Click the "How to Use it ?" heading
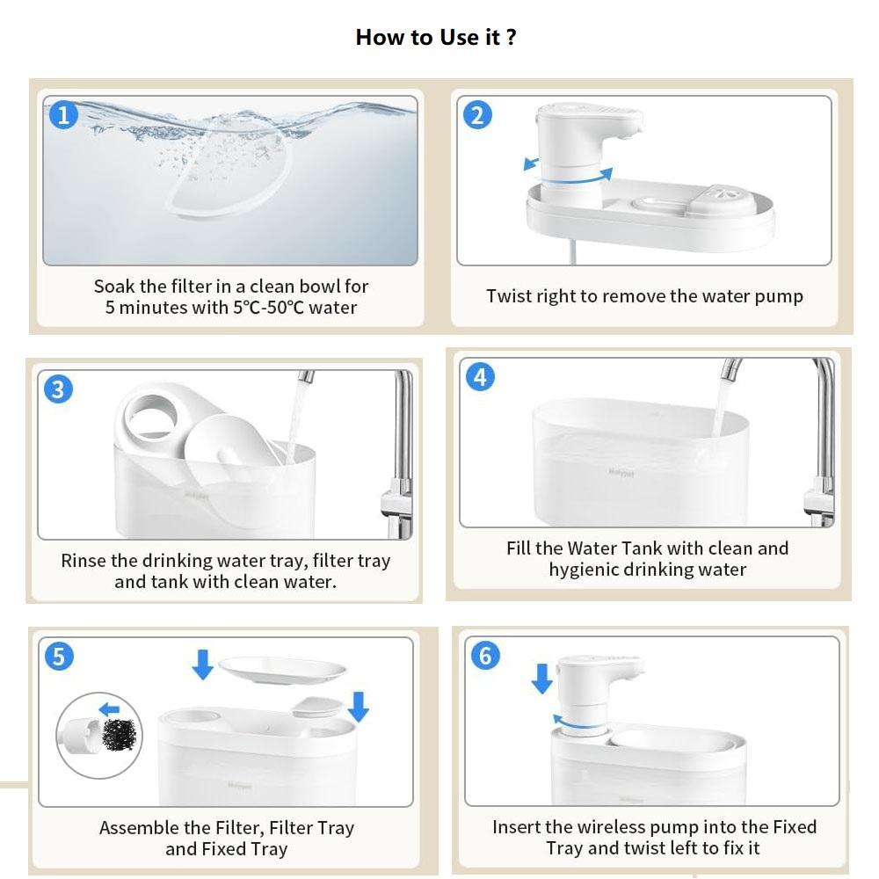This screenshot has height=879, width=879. click(436, 38)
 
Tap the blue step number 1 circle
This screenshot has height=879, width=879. click(63, 115)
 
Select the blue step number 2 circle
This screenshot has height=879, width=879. click(477, 115)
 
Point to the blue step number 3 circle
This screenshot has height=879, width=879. click(58, 389)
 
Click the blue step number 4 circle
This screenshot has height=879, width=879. click(481, 376)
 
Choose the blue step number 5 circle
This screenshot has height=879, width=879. click(59, 656)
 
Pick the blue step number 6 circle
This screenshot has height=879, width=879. click(485, 655)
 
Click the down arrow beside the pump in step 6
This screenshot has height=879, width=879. click(541, 679)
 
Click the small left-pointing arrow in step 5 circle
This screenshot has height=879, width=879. click(109, 710)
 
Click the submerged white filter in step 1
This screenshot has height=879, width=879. click(229, 174)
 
